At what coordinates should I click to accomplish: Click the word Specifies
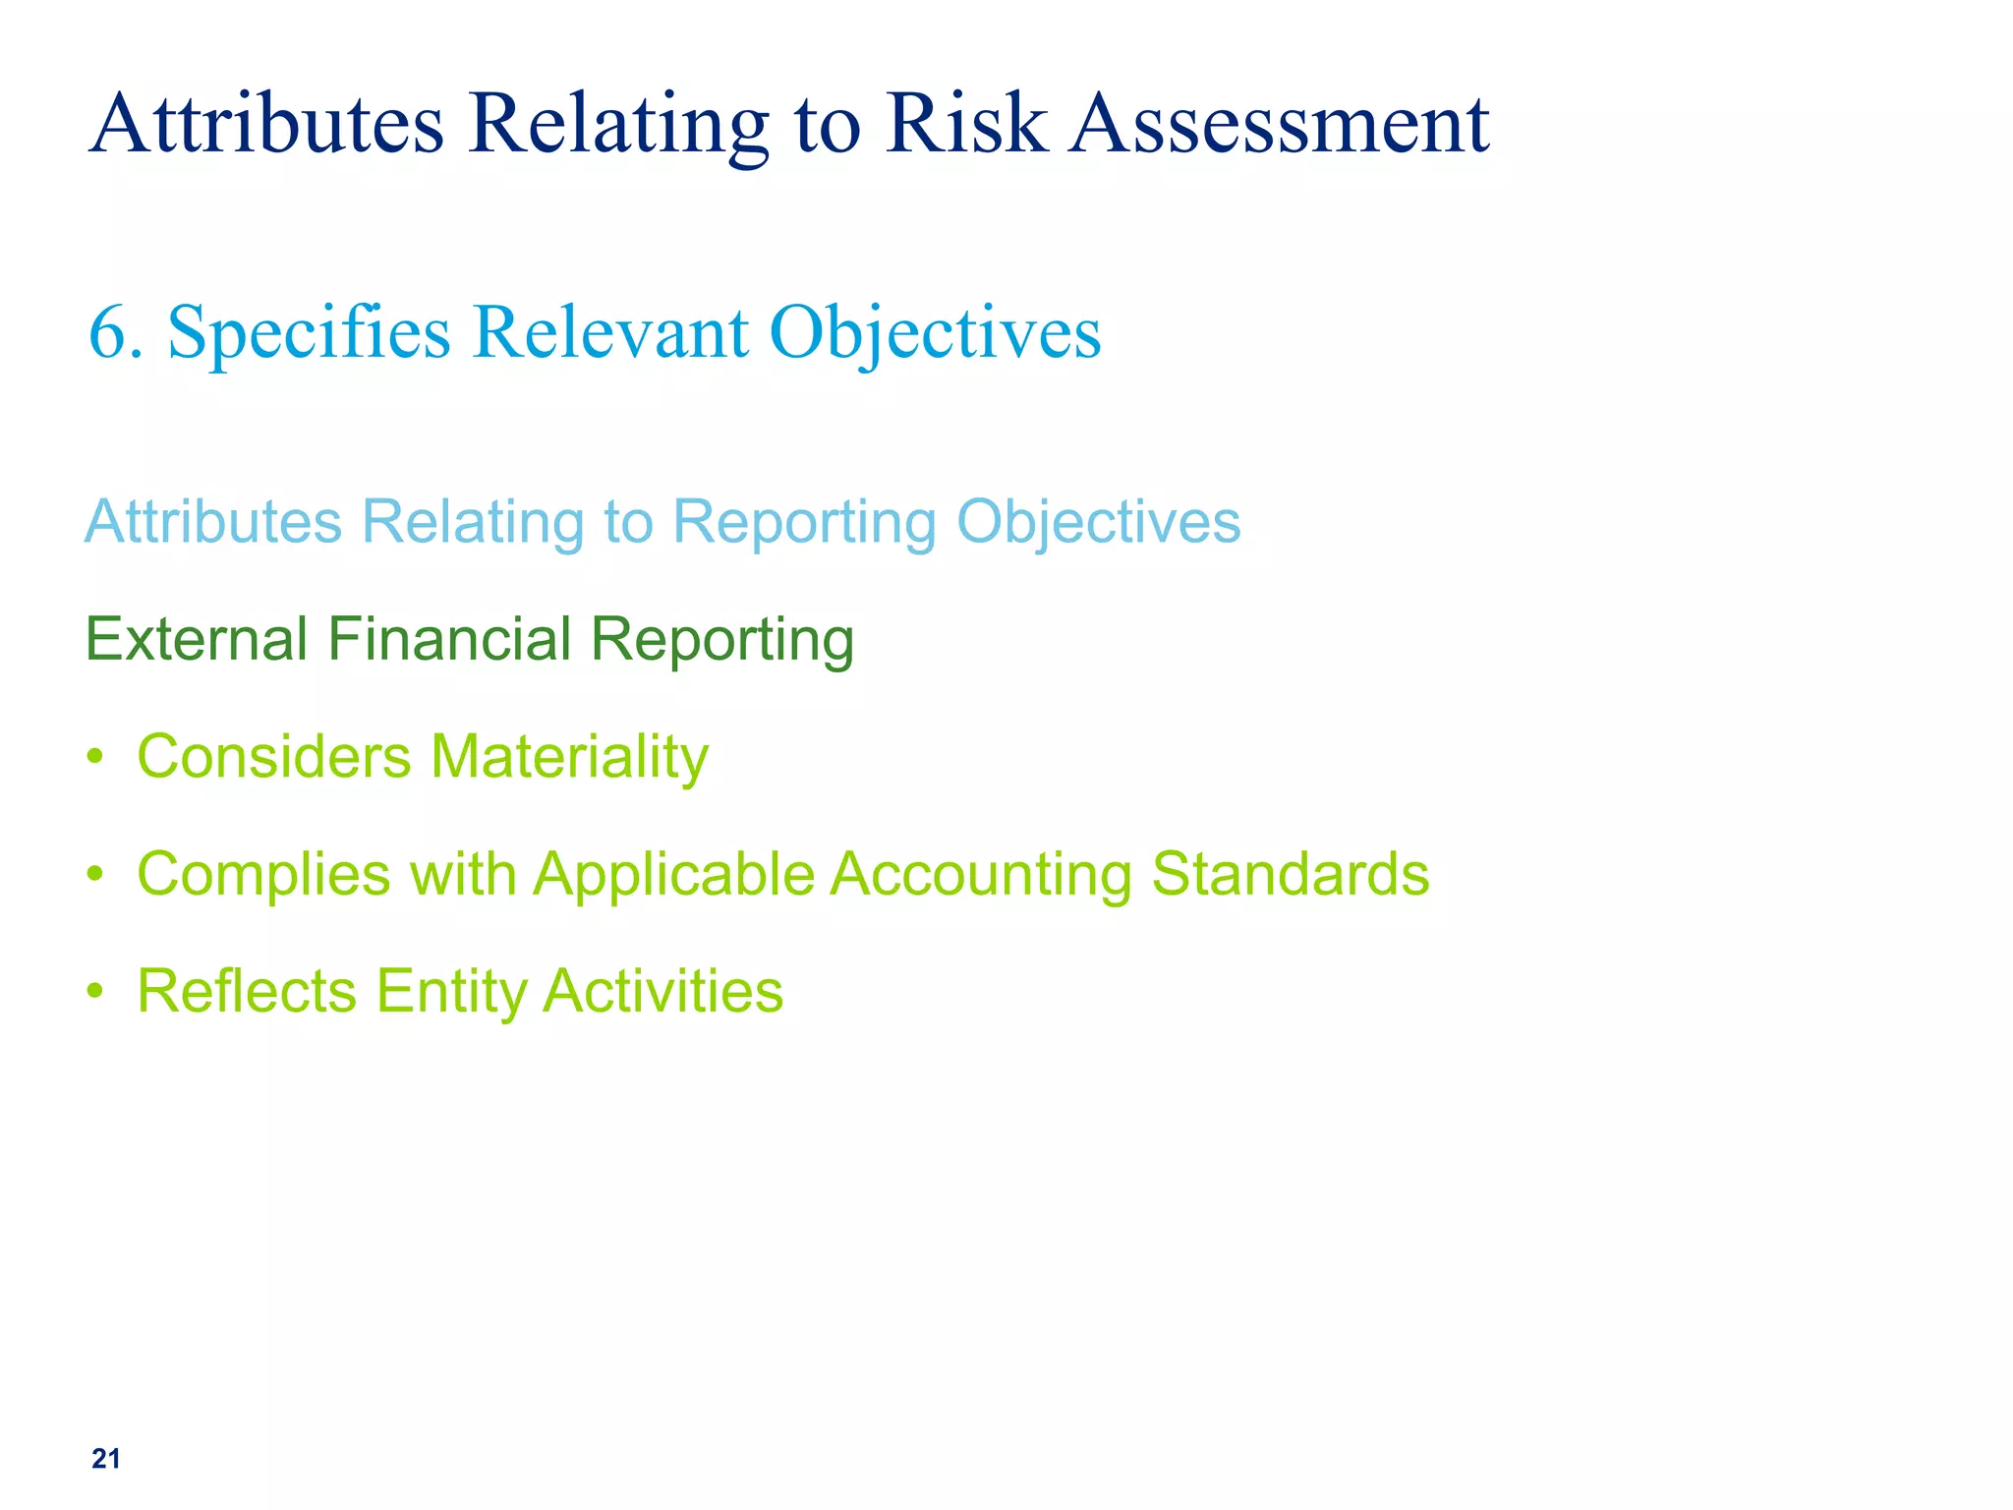(309, 334)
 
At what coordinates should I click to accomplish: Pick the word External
(197, 639)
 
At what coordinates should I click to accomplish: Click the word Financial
(449, 639)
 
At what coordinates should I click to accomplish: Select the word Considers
(274, 757)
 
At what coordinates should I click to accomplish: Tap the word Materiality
(569, 759)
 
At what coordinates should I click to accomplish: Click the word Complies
(263, 875)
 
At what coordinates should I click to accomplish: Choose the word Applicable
(674, 875)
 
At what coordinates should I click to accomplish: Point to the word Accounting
(981, 875)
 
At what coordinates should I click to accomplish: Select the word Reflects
(247, 991)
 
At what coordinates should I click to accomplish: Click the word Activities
(663, 991)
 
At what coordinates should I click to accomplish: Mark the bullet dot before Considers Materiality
(94, 757)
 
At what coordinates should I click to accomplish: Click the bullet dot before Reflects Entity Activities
(94, 991)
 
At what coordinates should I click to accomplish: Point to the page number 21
(106, 1459)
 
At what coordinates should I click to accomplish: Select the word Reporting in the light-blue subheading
(804, 522)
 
